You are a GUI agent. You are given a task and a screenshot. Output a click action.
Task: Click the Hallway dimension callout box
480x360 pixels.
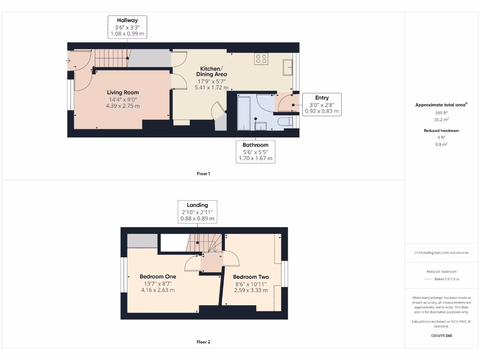127,27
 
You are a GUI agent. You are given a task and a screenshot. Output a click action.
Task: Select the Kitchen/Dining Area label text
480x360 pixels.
211,71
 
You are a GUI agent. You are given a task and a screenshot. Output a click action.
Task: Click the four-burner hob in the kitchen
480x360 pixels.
261,59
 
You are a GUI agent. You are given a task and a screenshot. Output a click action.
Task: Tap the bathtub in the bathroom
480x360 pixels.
245,113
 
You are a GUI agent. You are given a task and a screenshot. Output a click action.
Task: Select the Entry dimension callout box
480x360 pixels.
322,105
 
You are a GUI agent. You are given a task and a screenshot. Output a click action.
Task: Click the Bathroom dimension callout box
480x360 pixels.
255,152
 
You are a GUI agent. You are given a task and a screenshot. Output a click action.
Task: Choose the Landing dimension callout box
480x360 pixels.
197,212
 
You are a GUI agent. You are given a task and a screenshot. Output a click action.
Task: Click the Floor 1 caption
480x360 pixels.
203,174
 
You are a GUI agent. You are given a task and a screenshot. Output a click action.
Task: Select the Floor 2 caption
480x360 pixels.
203,342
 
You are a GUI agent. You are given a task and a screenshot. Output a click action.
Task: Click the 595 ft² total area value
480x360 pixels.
442,113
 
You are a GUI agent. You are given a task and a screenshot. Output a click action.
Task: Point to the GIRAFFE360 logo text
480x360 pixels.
442,336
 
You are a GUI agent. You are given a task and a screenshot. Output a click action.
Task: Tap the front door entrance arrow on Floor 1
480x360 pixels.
69,60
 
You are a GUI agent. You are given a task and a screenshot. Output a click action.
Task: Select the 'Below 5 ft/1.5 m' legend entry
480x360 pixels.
442,279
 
